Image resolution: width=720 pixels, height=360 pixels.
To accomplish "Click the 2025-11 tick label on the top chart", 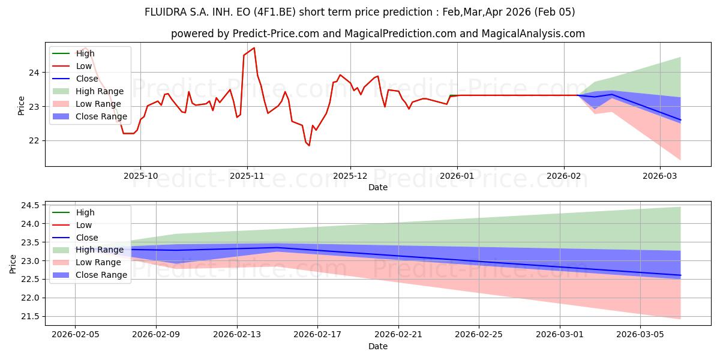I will click(247, 176).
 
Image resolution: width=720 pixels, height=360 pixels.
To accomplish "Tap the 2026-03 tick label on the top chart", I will click(660, 176).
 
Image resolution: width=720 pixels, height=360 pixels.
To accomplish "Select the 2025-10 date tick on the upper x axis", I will click(140, 176).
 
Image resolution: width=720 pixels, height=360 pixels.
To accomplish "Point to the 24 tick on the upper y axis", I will click(34, 73).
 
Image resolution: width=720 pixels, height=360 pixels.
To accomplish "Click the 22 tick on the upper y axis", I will click(34, 140).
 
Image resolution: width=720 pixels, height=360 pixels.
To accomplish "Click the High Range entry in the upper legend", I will click(100, 91).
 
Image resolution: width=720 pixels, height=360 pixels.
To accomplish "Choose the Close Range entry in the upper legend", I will click(101, 116).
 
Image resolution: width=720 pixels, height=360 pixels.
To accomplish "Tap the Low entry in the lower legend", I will click(84, 225).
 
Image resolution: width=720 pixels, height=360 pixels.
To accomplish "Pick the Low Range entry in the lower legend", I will click(98, 262).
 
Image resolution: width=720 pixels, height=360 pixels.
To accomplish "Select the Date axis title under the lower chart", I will click(378, 346).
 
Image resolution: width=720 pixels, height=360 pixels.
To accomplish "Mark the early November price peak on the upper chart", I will click(254, 47).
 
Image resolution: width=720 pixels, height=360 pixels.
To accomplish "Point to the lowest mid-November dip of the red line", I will click(309, 145).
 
